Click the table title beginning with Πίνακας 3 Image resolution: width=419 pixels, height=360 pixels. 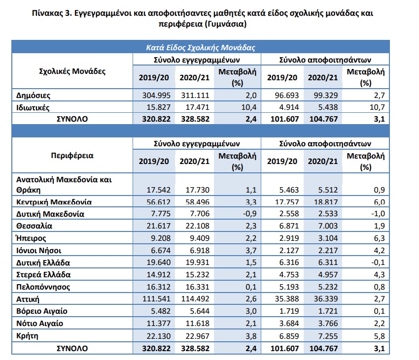(x=203, y=18)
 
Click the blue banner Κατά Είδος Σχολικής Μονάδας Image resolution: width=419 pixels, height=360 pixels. (x=201, y=48)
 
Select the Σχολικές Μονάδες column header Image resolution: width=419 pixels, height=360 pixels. (x=72, y=71)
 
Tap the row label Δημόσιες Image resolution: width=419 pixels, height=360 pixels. (x=33, y=96)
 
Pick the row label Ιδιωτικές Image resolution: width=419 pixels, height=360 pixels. (x=33, y=107)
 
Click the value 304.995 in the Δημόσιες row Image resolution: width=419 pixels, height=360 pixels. (x=156, y=96)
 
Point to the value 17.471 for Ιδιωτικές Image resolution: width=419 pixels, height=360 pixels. (x=198, y=107)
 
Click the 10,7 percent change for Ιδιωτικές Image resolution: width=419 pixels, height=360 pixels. (x=377, y=107)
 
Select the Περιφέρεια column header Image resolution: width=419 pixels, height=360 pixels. (x=72, y=156)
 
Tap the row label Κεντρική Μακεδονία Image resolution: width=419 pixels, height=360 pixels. (x=54, y=202)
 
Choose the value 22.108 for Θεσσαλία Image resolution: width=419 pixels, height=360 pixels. (x=198, y=226)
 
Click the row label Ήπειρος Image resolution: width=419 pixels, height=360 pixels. (x=31, y=238)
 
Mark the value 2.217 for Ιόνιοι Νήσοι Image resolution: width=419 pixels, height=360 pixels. (x=328, y=251)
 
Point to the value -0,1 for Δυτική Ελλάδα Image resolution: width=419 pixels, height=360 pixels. (x=378, y=262)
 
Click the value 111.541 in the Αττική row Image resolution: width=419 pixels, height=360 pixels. (x=156, y=298)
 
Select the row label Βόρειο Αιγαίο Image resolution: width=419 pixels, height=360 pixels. (x=42, y=311)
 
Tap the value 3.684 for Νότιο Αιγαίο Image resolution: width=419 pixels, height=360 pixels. (x=289, y=324)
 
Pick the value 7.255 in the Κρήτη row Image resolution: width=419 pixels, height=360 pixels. (x=328, y=336)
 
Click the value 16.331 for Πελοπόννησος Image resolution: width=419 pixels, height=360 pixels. (x=198, y=287)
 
